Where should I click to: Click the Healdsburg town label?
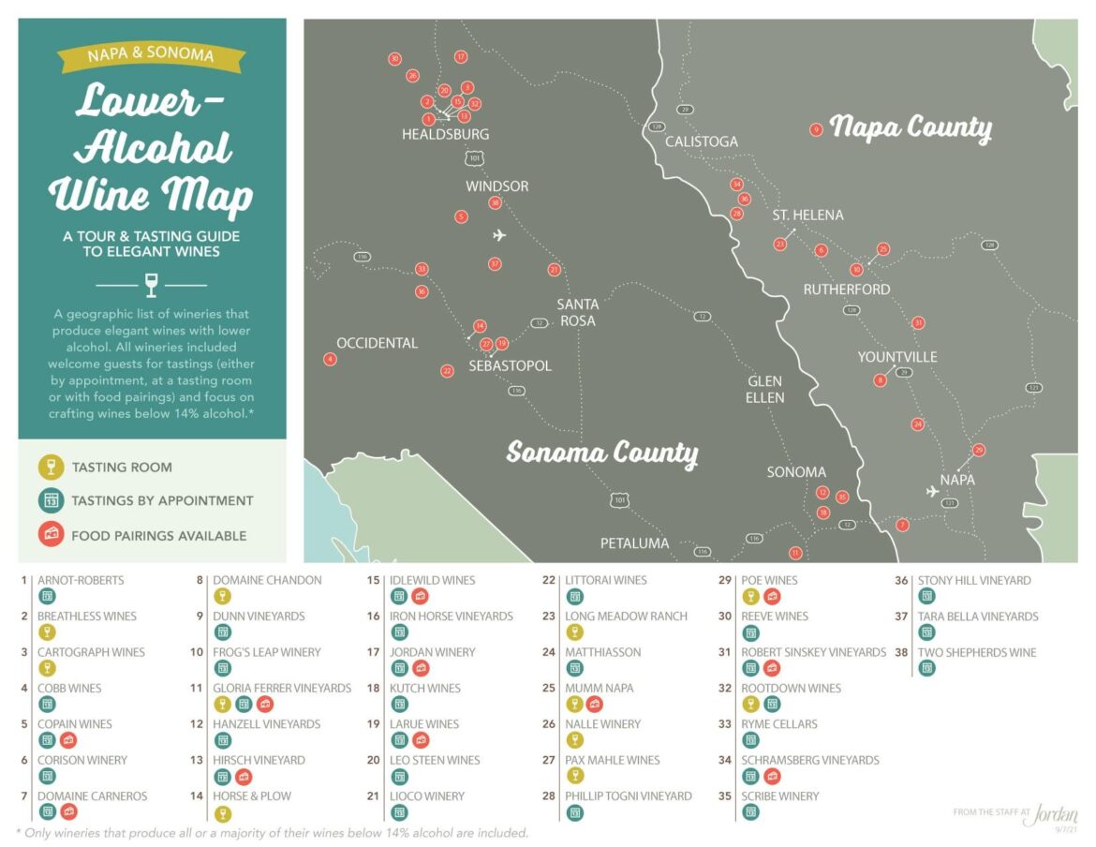click(x=445, y=134)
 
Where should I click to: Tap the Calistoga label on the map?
click(x=702, y=141)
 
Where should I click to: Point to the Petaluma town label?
click(x=634, y=543)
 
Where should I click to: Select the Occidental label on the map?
click(x=377, y=343)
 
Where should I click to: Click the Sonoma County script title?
click(x=602, y=453)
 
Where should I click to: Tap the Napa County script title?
click(x=911, y=127)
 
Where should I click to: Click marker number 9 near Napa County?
click(x=816, y=130)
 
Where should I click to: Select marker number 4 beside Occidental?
click(x=330, y=359)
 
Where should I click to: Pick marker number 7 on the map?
click(x=902, y=525)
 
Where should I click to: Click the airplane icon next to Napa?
click(x=932, y=491)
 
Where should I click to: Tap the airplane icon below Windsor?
click(x=499, y=235)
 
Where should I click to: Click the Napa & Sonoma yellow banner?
click(x=151, y=54)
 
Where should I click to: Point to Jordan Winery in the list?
click(x=432, y=652)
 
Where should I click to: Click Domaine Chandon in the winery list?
click(x=267, y=580)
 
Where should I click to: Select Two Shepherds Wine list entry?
click(x=976, y=652)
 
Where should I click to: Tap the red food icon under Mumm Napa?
click(x=594, y=704)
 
